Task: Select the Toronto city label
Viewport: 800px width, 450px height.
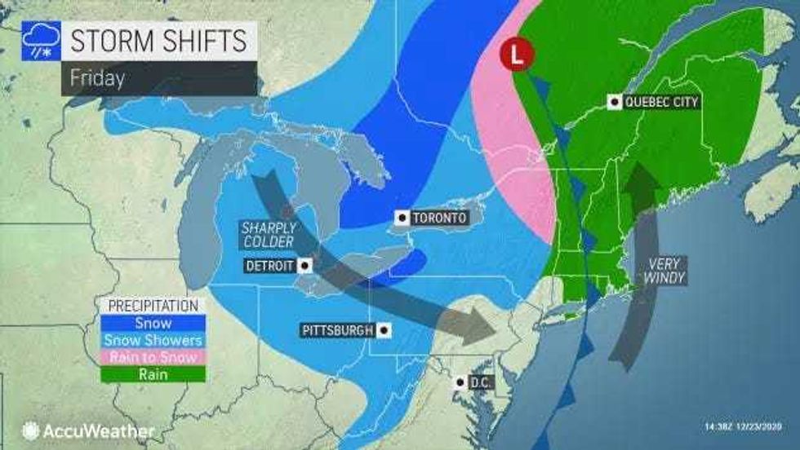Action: pos(439,218)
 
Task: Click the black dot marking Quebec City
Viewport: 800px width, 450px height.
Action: pos(613,102)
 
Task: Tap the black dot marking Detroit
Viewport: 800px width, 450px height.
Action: pos(304,266)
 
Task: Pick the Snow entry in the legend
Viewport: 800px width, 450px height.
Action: pos(153,324)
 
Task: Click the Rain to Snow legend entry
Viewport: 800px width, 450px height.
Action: pos(153,357)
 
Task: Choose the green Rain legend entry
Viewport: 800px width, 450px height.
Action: pos(153,374)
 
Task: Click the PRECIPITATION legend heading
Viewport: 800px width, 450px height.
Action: pos(153,307)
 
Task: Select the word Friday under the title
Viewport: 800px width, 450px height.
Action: pos(96,79)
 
